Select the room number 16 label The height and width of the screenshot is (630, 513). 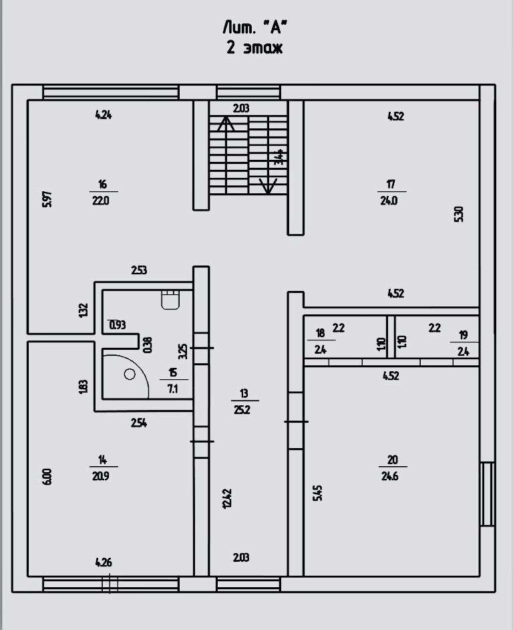pos(102,185)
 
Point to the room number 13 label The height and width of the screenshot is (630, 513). pos(242,394)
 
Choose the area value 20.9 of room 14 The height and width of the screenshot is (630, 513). pos(102,476)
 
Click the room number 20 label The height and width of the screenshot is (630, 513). pos(393,459)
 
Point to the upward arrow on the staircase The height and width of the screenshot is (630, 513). pos(226,124)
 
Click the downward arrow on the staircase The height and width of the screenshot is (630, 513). pos(267,186)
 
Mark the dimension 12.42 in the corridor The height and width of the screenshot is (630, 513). pos(227,498)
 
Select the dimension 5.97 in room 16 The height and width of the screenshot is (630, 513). pos(46,199)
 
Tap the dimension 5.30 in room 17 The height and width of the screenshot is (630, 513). pos(458,214)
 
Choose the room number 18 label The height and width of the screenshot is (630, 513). pos(321,333)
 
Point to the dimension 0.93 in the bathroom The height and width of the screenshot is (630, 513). pos(118,325)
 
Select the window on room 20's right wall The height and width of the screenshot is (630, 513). pos(488,494)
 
